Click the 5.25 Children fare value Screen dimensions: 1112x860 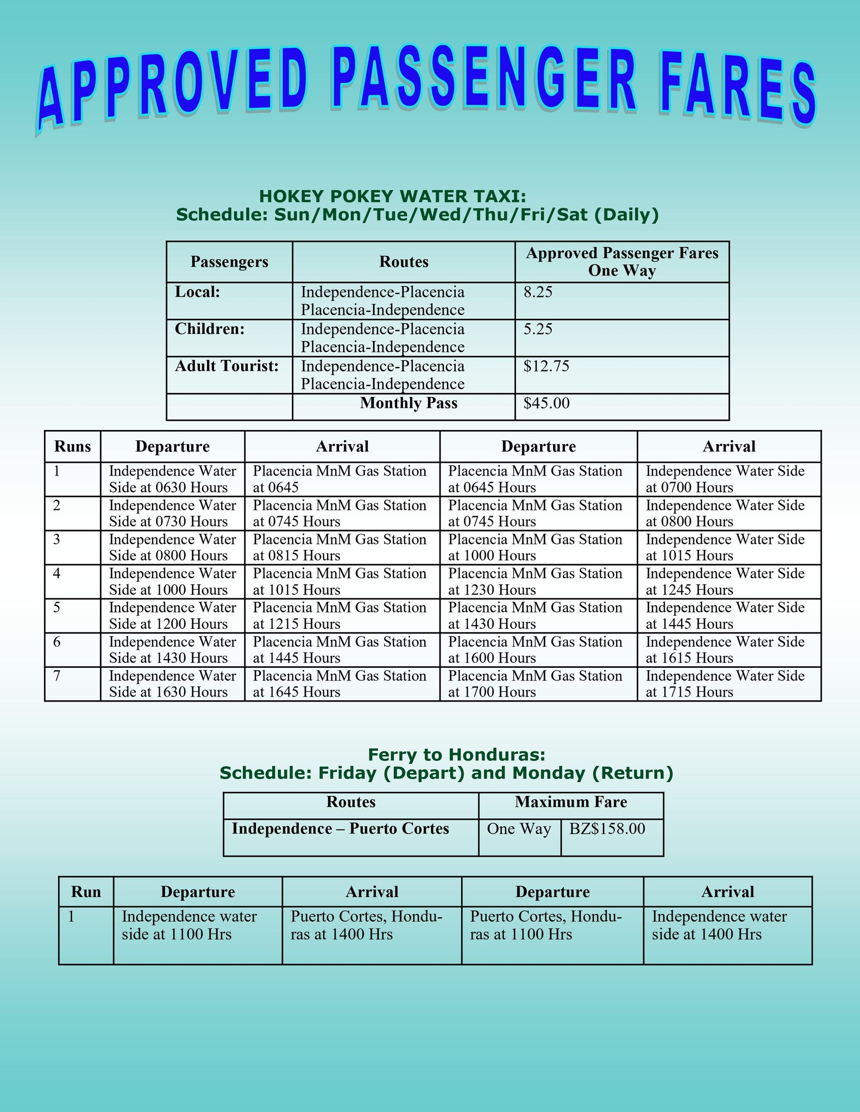538,330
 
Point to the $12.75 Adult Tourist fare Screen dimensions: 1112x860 547,367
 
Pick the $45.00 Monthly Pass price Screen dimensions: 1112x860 547,403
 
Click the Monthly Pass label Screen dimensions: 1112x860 409,403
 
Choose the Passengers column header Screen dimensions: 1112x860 229,262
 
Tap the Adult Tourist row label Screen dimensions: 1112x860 227,367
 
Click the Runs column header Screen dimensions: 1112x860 72,447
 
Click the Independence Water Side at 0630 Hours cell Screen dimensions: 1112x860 172,479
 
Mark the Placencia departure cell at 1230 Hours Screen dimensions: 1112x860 535,582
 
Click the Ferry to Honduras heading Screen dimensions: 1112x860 456,755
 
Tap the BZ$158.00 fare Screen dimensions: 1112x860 607,829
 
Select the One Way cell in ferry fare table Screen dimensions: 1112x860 519,829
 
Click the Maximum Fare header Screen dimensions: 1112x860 570,802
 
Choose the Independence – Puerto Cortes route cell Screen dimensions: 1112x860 340,829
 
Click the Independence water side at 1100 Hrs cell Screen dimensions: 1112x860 189,925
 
